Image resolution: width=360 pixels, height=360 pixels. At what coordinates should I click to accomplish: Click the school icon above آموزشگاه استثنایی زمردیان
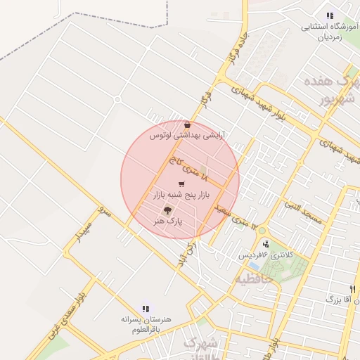click(329, 15)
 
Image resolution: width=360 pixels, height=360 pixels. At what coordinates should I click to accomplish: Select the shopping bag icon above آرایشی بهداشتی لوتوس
click(186, 124)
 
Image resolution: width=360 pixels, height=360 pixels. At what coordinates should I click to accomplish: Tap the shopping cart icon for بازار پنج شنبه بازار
click(181, 184)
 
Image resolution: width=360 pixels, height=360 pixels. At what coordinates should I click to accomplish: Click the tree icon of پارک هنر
click(167, 210)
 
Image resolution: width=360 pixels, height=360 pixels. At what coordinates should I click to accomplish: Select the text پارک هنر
click(168, 221)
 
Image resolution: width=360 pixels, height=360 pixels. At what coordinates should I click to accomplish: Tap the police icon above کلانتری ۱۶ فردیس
click(265, 243)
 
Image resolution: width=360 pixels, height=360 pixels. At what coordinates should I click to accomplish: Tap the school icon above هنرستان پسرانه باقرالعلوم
click(146, 308)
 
